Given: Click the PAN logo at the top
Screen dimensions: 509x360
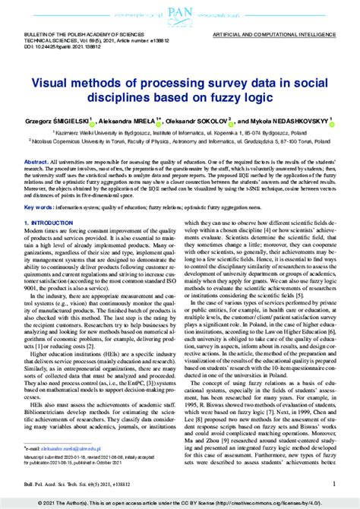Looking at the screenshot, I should (x=180, y=14).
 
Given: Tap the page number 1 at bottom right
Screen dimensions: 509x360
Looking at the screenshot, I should (x=334, y=483).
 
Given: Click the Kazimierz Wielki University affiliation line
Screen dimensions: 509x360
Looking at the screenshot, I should (x=179, y=131).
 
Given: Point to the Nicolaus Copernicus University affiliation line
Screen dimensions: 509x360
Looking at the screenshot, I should (x=179, y=141).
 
